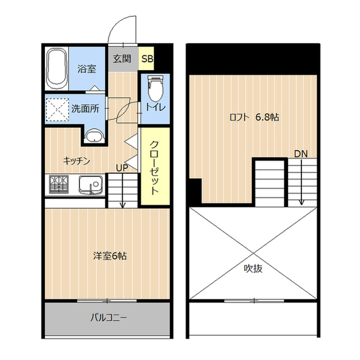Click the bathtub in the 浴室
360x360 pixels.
point(57,69)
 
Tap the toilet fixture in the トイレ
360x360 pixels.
point(155,88)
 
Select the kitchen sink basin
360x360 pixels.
point(91,185)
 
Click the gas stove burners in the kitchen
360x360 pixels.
point(58,184)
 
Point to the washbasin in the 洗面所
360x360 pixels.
point(94,136)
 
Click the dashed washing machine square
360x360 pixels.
point(57,110)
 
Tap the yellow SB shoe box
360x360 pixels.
point(147,58)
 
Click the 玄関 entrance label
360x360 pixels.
point(122,59)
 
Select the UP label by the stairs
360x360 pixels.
point(122,168)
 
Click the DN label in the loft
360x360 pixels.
point(301,154)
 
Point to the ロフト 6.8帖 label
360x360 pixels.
point(254,118)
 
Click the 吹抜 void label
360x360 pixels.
point(253,268)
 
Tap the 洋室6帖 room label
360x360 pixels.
point(110,256)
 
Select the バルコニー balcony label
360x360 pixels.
point(109,318)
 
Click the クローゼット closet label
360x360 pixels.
point(154,168)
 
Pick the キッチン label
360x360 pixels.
point(76,161)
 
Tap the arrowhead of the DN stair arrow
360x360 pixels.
point(301,202)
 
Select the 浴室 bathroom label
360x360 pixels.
point(87,69)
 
